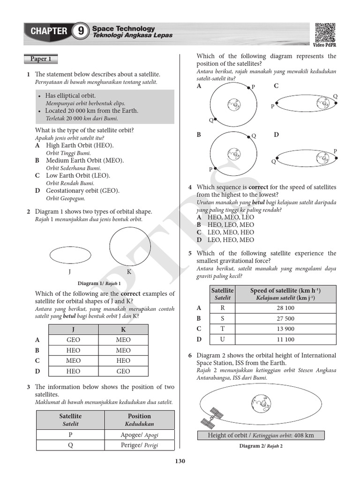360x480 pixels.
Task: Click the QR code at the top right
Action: pyautogui.click(x=324, y=32)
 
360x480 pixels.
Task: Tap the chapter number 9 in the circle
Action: pyautogui.click(x=81, y=32)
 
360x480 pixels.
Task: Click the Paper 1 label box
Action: pyautogui.click(x=41, y=59)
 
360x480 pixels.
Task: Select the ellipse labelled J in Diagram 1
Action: pyautogui.click(x=70, y=255)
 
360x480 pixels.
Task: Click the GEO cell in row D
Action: pyautogui.click(x=123, y=371)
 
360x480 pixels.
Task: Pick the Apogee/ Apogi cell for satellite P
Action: pyautogui.click(x=139, y=435)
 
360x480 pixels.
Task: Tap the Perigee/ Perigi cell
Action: pyautogui.click(x=139, y=445)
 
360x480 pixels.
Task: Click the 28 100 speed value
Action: pyautogui.click(x=285, y=308)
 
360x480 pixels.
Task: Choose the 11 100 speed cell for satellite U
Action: pyautogui.click(x=285, y=339)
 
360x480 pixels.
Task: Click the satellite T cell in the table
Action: pyautogui.click(x=223, y=329)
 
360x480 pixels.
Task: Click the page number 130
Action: pyautogui.click(x=180, y=461)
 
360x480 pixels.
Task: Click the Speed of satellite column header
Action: pyautogui.click(x=285, y=293)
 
